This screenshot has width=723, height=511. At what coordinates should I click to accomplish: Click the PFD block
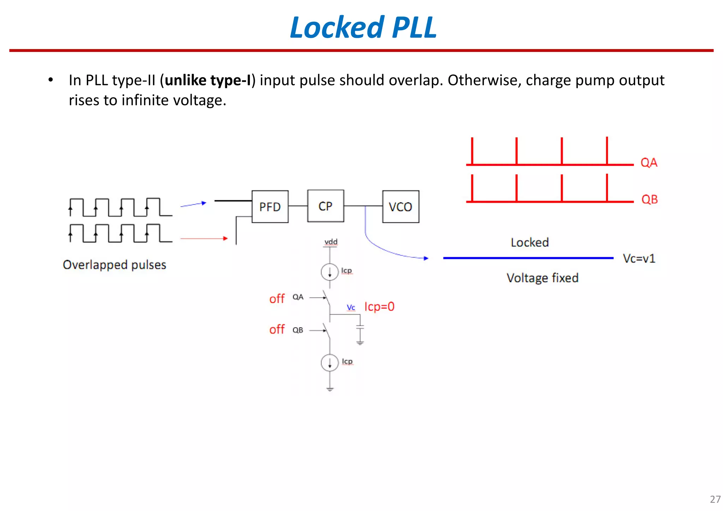270,207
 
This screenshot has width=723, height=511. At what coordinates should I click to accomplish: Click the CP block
325,206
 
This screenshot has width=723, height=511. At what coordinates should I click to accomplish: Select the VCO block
400,207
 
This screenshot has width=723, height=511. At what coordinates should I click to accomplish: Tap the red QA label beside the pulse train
649,162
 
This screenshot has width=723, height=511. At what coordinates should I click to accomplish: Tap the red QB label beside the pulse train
649,199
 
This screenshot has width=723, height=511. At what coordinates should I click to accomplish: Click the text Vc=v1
639,259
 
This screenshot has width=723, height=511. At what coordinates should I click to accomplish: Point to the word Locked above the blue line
530,243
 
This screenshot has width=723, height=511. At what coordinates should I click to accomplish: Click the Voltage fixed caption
542,278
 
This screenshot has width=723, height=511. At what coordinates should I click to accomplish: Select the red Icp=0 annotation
379,307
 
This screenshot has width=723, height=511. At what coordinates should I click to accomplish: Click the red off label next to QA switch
277,299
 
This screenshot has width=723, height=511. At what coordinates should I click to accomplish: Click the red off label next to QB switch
277,329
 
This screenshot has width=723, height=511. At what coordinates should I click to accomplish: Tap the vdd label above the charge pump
331,242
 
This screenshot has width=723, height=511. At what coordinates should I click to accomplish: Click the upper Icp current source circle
329,272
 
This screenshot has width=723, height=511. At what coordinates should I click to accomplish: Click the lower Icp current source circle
329,363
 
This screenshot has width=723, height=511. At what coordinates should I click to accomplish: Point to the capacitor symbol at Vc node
360,327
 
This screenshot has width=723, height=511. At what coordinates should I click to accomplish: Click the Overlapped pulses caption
114,265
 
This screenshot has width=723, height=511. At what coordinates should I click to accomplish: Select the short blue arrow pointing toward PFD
193,204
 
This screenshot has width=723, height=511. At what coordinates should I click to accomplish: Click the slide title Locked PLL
363,27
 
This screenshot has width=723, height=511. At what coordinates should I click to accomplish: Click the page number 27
715,499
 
